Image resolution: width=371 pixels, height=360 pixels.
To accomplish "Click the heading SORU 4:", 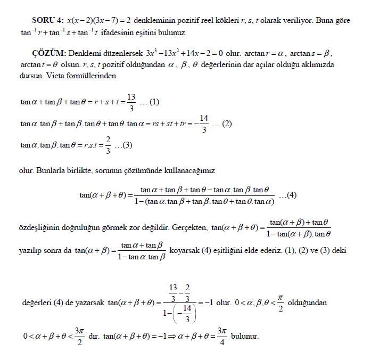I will (48, 20).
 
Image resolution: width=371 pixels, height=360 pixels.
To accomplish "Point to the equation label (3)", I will (126, 145).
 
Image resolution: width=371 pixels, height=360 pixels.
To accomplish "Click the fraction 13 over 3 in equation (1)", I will (131, 102).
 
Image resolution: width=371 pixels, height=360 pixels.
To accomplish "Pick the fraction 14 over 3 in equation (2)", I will (203, 124).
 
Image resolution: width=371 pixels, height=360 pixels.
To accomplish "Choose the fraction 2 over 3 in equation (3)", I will (108, 145).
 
